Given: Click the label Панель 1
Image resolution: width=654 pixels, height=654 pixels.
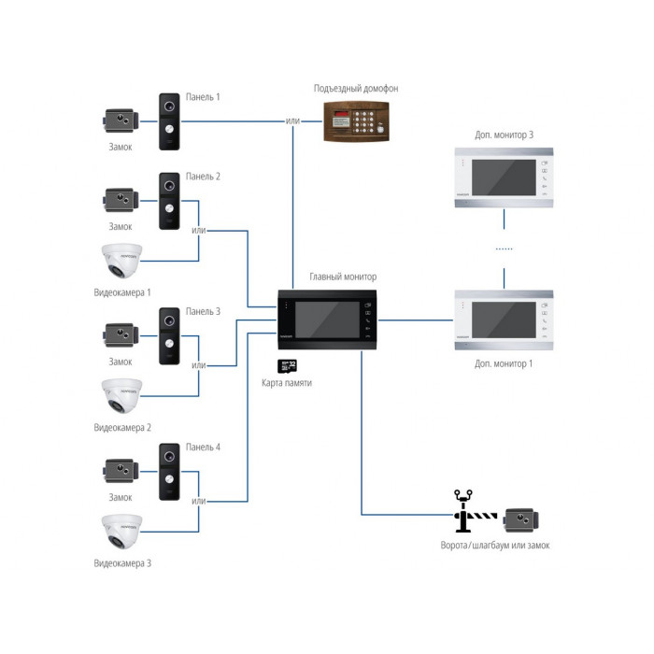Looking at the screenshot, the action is pyautogui.click(x=203, y=97).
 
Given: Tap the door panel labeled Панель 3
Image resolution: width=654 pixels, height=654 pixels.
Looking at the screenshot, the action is pyautogui.click(x=169, y=336).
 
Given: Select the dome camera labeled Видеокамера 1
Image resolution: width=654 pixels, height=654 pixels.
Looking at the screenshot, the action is pyautogui.click(x=121, y=261).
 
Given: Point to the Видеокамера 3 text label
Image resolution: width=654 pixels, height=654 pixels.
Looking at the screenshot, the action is pyautogui.click(x=122, y=563).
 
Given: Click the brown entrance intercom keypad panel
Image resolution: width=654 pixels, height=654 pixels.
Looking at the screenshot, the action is pyautogui.click(x=356, y=121).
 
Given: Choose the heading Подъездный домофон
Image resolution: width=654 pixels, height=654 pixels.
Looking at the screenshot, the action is pyautogui.click(x=356, y=89).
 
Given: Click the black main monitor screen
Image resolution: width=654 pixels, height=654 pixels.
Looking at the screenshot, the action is pyautogui.click(x=327, y=320).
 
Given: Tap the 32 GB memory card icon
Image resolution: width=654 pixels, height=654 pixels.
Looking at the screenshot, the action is pyautogui.click(x=287, y=366).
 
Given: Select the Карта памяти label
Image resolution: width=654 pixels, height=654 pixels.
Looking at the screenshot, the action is pyautogui.click(x=287, y=383).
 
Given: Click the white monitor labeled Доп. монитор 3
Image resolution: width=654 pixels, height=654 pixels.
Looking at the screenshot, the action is pyautogui.click(x=504, y=178).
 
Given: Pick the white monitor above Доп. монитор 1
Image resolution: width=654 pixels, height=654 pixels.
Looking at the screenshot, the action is pyautogui.click(x=504, y=320).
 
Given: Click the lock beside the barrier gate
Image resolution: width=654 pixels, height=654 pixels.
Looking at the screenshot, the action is pyautogui.click(x=521, y=520).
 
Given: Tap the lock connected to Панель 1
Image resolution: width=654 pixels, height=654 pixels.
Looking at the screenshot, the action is pyautogui.click(x=121, y=121).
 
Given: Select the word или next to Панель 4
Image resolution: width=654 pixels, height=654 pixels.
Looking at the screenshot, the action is pyautogui.click(x=198, y=501).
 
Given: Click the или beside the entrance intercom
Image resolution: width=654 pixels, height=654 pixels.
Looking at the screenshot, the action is pyautogui.click(x=292, y=121).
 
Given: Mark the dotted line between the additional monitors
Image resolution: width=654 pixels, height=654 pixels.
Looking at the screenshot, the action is pyautogui.click(x=504, y=249).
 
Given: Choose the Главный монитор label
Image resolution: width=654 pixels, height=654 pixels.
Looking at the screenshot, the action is pyautogui.click(x=343, y=277).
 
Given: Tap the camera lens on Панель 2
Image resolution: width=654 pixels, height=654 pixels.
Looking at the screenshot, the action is pyautogui.click(x=169, y=186).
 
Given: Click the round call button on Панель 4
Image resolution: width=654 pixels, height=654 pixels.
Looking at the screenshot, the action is pyautogui.click(x=169, y=479).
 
